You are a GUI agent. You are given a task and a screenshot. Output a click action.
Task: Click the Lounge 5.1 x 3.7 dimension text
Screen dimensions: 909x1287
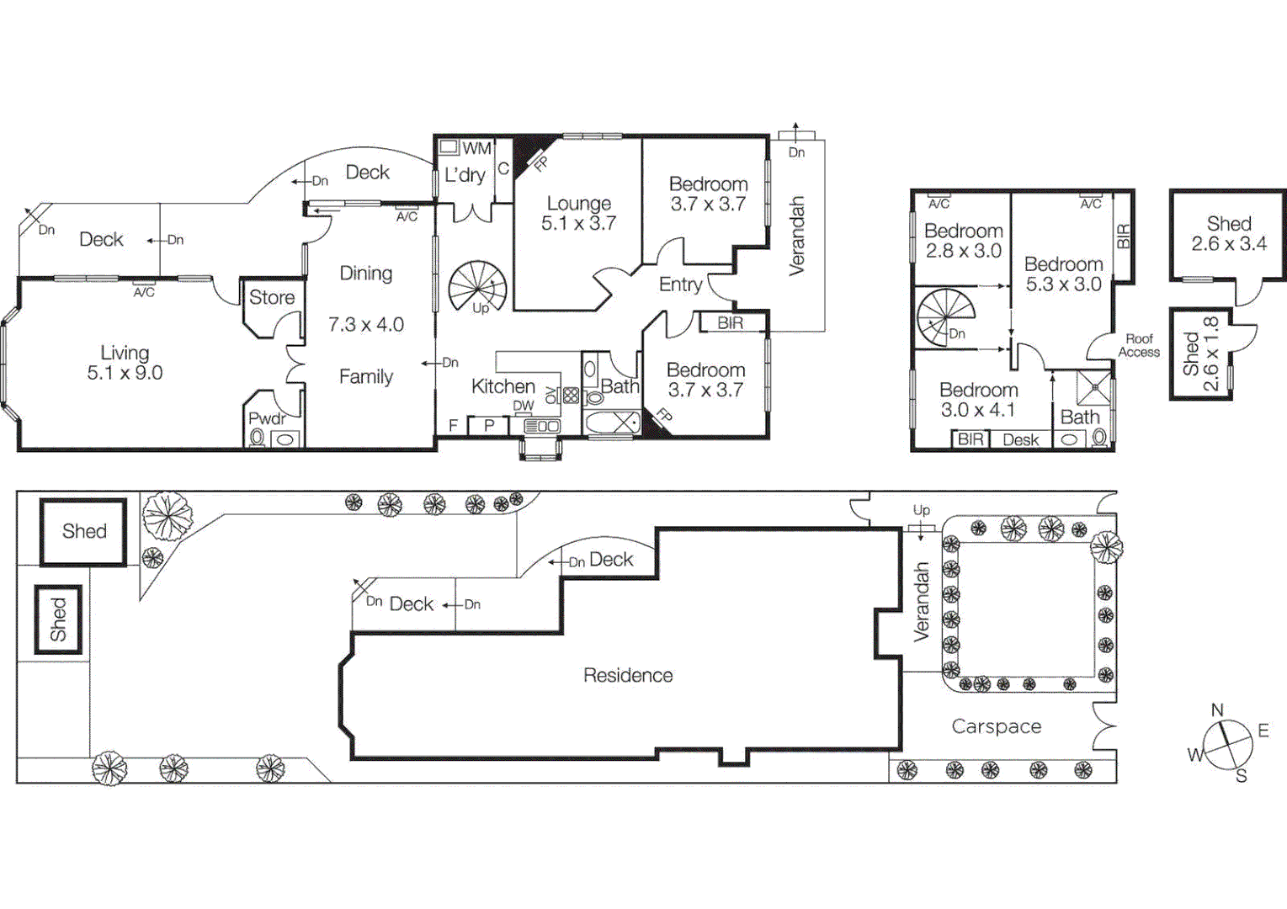point(578,224)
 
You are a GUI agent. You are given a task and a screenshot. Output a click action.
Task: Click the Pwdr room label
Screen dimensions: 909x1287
point(267,418)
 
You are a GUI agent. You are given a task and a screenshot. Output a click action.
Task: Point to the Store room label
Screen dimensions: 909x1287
point(272,297)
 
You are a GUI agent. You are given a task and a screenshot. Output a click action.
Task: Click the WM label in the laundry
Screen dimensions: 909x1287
point(476,148)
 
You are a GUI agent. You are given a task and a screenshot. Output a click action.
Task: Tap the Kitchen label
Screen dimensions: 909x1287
point(503,386)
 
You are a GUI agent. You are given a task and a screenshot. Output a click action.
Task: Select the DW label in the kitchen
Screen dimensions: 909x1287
point(524,406)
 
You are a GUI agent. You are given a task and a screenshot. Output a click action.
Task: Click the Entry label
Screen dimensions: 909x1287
point(680,284)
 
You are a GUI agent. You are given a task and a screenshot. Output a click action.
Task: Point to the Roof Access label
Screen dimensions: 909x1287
point(1139,345)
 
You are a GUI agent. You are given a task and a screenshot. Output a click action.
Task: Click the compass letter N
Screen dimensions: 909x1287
point(1217,710)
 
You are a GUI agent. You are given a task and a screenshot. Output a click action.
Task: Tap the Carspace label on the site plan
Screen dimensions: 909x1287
point(996,726)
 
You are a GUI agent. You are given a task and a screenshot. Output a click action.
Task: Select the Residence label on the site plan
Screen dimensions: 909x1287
point(628,675)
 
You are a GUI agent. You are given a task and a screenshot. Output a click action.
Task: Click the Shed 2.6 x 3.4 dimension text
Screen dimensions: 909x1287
point(1229,244)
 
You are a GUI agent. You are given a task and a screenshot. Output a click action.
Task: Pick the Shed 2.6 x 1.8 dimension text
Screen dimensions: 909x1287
point(1211,353)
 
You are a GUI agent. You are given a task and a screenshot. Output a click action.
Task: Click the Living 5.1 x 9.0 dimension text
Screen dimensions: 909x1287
point(125,373)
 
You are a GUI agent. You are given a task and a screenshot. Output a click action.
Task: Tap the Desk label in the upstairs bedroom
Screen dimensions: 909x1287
point(1020,439)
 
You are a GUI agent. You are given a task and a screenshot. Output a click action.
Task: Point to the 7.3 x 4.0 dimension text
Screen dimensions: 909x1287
point(365,325)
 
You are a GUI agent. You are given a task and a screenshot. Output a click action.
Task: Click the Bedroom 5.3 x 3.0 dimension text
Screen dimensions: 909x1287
point(1063,284)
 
